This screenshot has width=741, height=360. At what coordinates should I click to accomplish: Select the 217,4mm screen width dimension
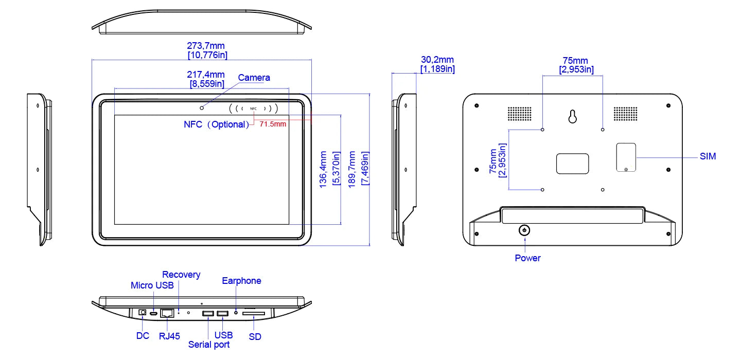pyautogui.click(x=207, y=75)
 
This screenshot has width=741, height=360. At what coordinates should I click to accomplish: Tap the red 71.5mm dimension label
pyautogui.click(x=273, y=124)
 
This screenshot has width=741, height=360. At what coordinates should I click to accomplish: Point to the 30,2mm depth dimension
pyautogui.click(x=437, y=60)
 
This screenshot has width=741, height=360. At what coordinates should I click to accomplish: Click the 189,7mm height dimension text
pyautogui.click(x=352, y=169)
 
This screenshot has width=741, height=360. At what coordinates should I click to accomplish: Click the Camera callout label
pyautogui.click(x=254, y=78)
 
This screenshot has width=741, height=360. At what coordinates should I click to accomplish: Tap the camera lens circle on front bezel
pyautogui.click(x=202, y=107)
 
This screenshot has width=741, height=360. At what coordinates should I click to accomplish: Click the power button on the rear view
pyautogui.click(x=524, y=230)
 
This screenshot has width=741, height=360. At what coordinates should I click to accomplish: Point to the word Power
pyautogui.click(x=527, y=258)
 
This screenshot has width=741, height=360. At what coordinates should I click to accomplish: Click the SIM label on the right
pyautogui.click(x=708, y=156)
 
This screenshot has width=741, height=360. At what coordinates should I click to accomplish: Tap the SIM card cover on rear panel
pyautogui.click(x=626, y=157)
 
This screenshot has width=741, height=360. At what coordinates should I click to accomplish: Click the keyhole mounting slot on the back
pyautogui.click(x=573, y=117)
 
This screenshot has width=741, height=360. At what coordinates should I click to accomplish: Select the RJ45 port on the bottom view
pyautogui.click(x=167, y=313)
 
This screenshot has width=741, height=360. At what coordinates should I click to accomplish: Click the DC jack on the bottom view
pyautogui.click(x=143, y=312)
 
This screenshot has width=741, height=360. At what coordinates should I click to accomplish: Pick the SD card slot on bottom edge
pyautogui.click(x=254, y=313)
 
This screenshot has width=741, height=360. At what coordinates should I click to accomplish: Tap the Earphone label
pyautogui.click(x=241, y=281)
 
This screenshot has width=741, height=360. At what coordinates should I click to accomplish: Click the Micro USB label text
pyautogui.click(x=152, y=285)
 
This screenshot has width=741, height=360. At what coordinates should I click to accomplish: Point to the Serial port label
pyautogui.click(x=209, y=345)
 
